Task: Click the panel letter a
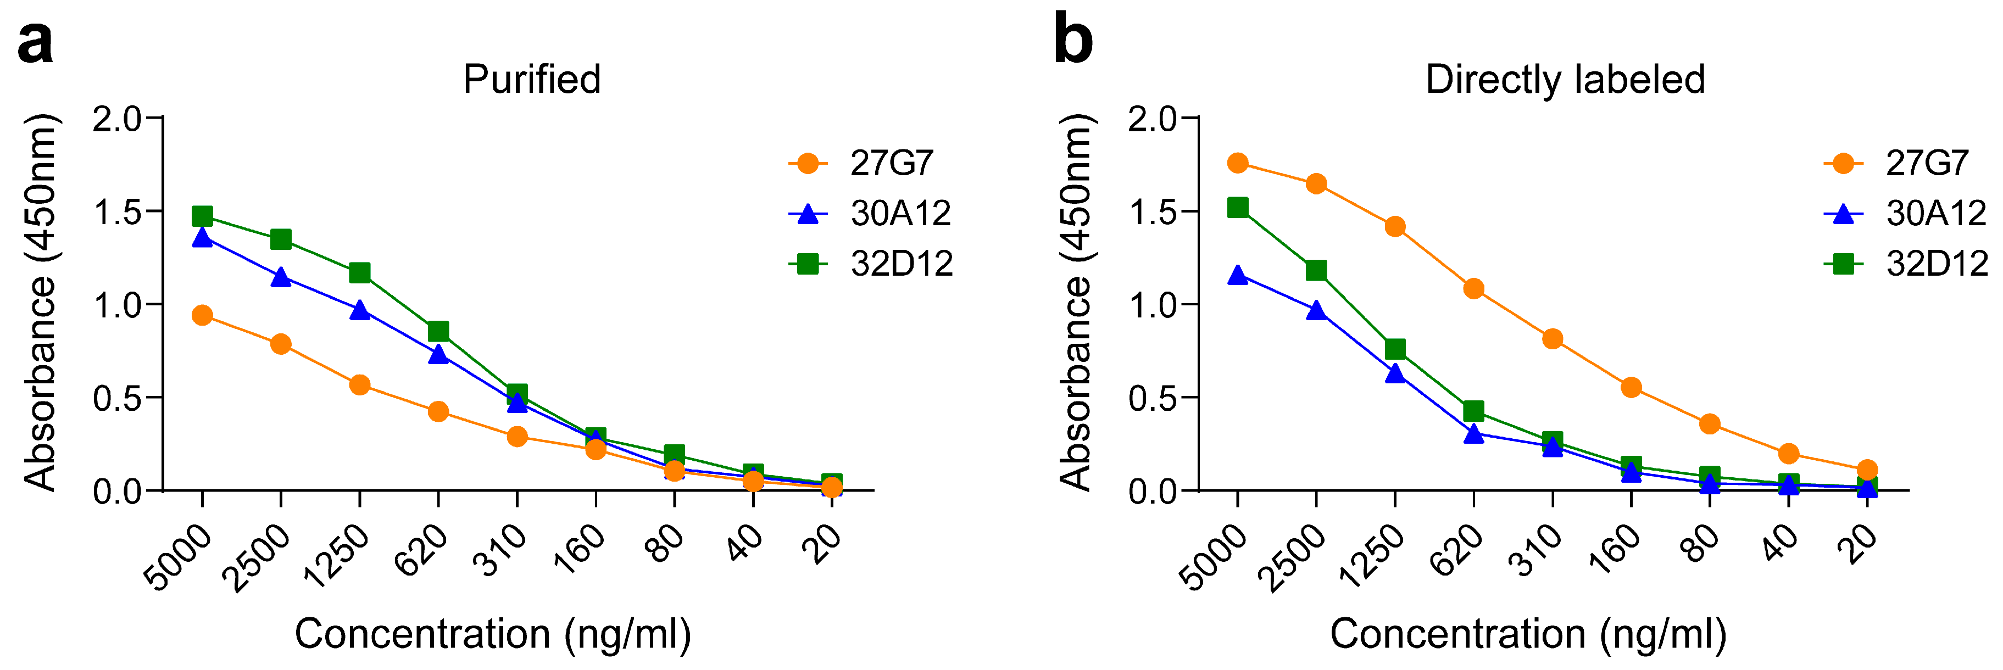coord(35,43)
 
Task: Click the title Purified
coord(532,79)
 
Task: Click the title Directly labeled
coord(1565,79)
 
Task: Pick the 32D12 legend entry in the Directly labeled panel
coord(1935,264)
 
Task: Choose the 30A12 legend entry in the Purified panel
coord(900,214)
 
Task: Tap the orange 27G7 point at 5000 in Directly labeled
coord(1238,163)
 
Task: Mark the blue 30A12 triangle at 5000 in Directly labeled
coord(1238,276)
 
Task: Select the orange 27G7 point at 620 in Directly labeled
coord(1473,289)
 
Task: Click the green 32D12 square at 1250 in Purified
coord(359,273)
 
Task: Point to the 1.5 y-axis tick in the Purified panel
coord(116,211)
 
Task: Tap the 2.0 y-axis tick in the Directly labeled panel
coord(1153,118)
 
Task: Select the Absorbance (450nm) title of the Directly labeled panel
coord(1076,303)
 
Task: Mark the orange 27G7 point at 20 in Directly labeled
coord(1867,470)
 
